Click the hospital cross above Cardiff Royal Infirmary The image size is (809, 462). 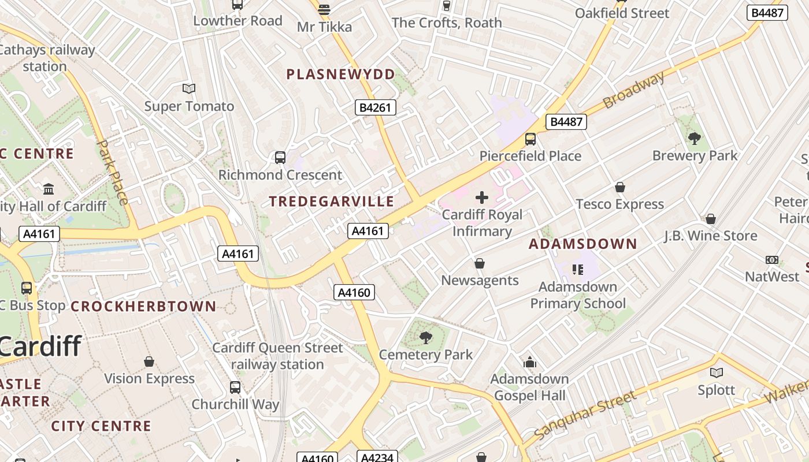(x=481, y=198)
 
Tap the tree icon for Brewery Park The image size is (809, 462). (x=695, y=138)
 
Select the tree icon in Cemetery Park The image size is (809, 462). (x=425, y=337)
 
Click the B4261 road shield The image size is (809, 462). (x=375, y=107)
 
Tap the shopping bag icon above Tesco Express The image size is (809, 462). (x=619, y=187)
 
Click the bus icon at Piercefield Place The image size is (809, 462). (x=530, y=139)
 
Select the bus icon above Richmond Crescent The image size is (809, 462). (x=280, y=157)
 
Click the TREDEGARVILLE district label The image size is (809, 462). (x=332, y=202)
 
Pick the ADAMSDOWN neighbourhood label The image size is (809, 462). (x=582, y=244)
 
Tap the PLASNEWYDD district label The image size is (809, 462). (x=341, y=74)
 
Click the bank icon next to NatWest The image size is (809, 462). (x=771, y=260)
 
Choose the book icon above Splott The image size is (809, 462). (x=717, y=373)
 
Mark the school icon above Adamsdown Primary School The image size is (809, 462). (x=577, y=270)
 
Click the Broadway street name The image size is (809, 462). (x=633, y=91)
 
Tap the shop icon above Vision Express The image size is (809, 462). (x=149, y=362)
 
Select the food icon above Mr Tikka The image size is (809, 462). (x=324, y=9)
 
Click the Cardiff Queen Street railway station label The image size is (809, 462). (x=277, y=356)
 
